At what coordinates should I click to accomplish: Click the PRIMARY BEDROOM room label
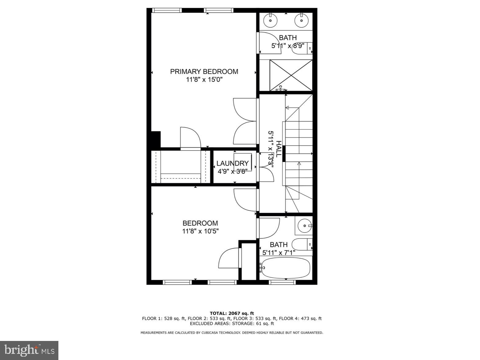(x=204, y=72)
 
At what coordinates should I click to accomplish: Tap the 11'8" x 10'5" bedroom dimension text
(x=201, y=231)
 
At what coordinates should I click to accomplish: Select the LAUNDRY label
(x=232, y=163)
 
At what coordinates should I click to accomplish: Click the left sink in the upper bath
(x=270, y=20)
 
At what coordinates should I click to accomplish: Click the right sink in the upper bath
(x=301, y=20)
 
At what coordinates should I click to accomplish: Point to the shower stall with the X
(x=291, y=75)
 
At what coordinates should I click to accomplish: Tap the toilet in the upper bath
(x=302, y=48)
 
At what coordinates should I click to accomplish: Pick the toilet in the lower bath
(x=302, y=244)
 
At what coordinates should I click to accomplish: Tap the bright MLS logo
(x=29, y=350)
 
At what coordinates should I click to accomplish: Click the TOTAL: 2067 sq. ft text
(x=232, y=313)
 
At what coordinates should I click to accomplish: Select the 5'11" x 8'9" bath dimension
(x=288, y=46)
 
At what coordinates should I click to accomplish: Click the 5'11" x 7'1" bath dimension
(x=279, y=253)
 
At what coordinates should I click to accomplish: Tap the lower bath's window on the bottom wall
(x=282, y=282)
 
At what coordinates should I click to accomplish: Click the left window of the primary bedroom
(x=167, y=10)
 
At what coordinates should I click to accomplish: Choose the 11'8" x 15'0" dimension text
(x=204, y=79)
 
